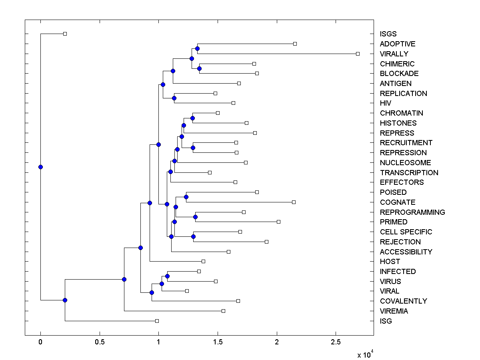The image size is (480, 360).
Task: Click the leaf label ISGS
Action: (388, 34)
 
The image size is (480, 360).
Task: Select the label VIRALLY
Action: (394, 54)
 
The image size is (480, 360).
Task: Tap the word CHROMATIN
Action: (401, 113)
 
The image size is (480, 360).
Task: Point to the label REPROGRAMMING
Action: (412, 212)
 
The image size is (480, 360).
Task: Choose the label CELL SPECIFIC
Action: (406, 232)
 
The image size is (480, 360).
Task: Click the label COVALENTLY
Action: (403, 301)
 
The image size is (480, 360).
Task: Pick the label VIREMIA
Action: (394, 311)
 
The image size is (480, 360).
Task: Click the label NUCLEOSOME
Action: (405, 163)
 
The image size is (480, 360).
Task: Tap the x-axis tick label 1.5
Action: (218, 342)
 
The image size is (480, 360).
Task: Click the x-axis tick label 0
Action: (40, 342)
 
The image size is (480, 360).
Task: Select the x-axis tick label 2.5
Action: (336, 342)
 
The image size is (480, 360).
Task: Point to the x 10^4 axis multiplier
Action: (365, 354)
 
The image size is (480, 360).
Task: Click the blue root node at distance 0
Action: (40, 167)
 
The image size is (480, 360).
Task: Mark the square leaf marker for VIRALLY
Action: (358, 54)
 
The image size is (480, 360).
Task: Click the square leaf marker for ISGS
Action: (65, 34)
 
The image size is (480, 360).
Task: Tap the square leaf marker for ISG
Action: (157, 321)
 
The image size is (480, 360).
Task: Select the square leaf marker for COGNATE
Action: (294, 202)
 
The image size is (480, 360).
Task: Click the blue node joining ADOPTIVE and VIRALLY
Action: (197, 48)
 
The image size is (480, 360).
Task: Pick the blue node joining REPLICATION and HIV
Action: (174, 98)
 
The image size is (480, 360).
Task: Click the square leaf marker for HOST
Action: (203, 261)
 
